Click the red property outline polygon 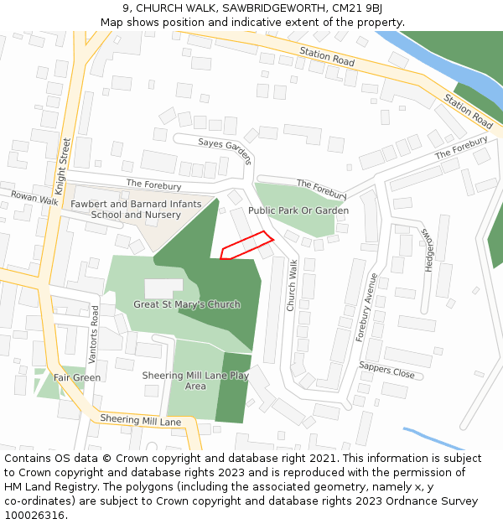(247, 245)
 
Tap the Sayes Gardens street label (226, 151)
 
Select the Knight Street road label (63, 166)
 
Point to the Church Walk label (293, 285)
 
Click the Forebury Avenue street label (367, 307)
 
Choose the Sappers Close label (386, 370)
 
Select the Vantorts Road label (94, 334)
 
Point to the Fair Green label (77, 378)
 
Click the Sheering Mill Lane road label (140, 420)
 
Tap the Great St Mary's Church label (187, 304)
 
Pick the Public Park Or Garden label (298, 210)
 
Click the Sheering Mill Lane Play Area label (195, 381)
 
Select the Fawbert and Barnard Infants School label (135, 209)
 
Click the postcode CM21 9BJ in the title (356, 9)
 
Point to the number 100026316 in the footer (34, 516)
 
